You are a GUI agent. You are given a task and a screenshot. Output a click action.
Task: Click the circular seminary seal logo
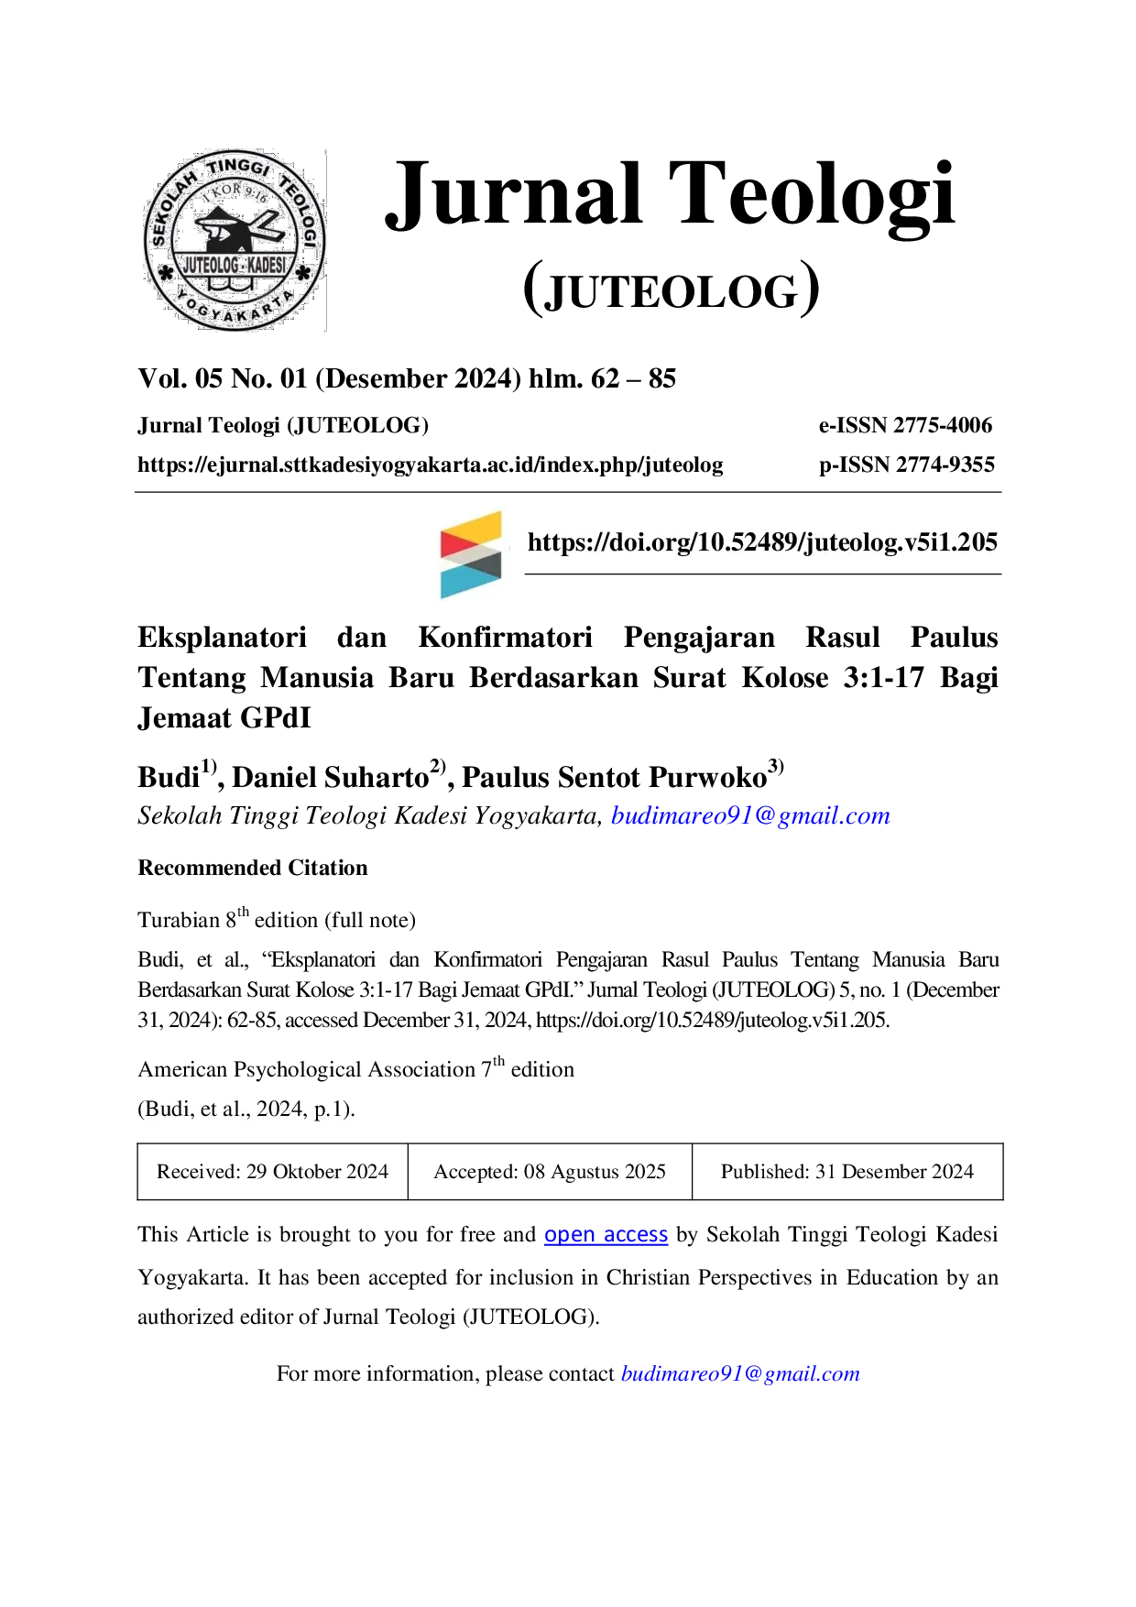pos(235,240)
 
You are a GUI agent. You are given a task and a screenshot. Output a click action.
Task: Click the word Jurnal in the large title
pos(514,194)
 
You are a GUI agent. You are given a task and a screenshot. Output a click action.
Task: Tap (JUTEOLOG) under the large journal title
pos(672,289)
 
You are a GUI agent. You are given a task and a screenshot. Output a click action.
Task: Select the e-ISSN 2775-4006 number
pos(905,425)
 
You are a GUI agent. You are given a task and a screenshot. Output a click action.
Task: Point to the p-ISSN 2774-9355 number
pos(907,465)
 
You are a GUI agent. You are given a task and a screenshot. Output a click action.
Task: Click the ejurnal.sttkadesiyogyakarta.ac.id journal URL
pos(431,465)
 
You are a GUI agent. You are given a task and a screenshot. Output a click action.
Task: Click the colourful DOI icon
pos(471,554)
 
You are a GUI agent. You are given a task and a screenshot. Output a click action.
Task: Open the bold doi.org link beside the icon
pos(762,542)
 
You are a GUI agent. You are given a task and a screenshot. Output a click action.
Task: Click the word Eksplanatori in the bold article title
pos(223,638)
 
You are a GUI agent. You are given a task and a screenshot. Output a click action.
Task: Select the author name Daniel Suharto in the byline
pos(331,777)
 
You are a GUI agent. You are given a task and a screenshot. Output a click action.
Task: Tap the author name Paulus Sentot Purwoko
pos(614,777)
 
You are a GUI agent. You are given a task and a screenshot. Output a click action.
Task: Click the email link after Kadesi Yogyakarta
pos(750,815)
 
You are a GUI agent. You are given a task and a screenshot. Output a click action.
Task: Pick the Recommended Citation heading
pos(253,868)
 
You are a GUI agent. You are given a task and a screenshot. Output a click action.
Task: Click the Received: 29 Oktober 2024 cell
pos(272,1172)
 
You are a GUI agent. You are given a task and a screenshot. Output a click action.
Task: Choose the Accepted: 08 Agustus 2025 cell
pos(550,1172)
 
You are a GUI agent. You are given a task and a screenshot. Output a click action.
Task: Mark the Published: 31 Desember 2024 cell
pos(847,1172)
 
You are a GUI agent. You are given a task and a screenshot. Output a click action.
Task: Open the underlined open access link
pos(606,1235)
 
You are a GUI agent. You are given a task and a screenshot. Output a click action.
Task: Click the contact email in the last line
pos(740,1373)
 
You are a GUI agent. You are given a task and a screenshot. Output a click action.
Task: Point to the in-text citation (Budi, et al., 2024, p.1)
pos(246,1110)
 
